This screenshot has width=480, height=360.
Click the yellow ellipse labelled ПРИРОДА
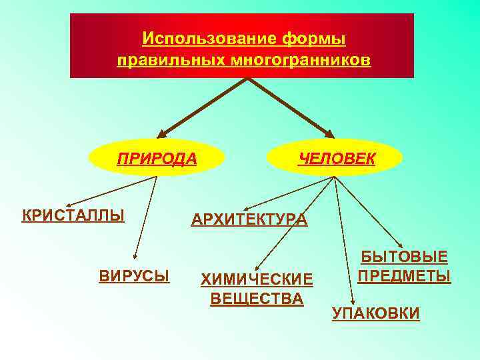point(157,158)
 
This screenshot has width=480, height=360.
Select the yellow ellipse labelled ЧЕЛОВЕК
point(335,158)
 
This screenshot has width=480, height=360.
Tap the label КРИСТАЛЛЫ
point(73,216)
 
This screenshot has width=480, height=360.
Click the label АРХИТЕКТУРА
point(249,219)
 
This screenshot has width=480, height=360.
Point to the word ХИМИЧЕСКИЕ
point(257,279)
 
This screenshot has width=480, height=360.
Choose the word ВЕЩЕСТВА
point(257,299)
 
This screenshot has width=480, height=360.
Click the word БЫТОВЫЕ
point(404,257)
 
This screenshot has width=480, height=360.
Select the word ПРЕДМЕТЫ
point(404,275)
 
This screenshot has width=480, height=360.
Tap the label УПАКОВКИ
point(376,313)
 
